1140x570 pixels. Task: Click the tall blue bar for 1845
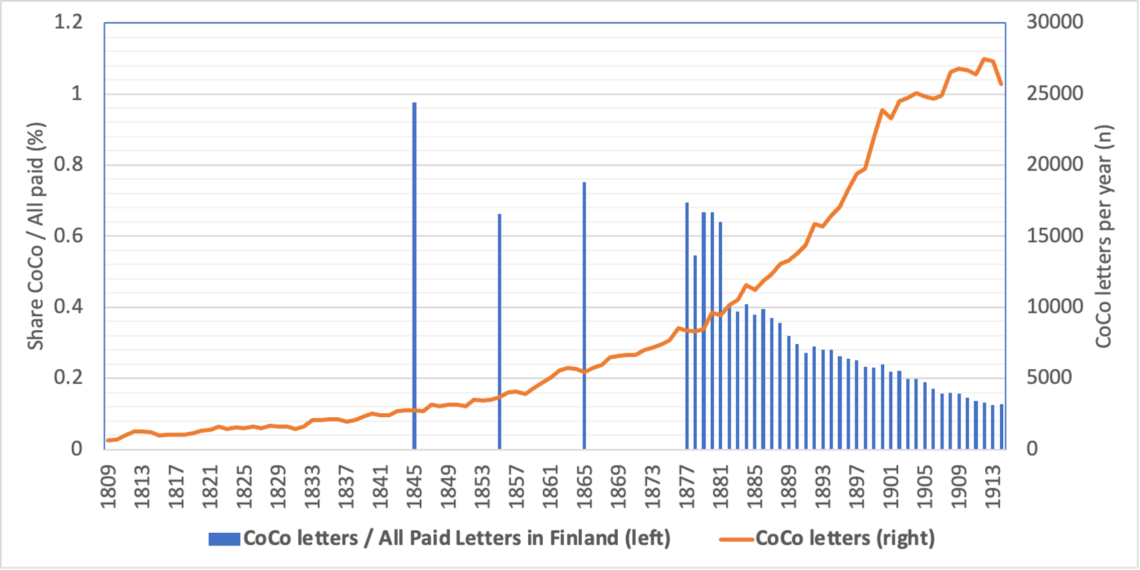click(415, 276)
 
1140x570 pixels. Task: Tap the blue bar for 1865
click(585, 316)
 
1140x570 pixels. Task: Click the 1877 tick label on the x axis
click(687, 487)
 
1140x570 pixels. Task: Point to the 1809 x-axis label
click(108, 487)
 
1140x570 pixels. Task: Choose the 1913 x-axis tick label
click(993, 487)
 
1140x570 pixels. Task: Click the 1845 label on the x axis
click(415, 487)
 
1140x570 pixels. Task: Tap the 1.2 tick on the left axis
click(68, 22)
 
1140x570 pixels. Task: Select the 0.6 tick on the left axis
click(68, 235)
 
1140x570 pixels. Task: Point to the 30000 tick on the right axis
click(1054, 22)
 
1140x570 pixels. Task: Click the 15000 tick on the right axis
click(1054, 235)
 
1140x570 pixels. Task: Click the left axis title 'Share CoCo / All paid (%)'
click(35, 236)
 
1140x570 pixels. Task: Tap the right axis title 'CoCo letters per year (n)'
click(1103, 236)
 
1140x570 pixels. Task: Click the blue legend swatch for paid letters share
click(224, 539)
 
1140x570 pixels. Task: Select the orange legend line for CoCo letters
click(736, 539)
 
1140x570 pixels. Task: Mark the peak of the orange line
click(985, 59)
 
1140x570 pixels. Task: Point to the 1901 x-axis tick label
click(891, 487)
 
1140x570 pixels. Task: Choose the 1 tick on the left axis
click(76, 93)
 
